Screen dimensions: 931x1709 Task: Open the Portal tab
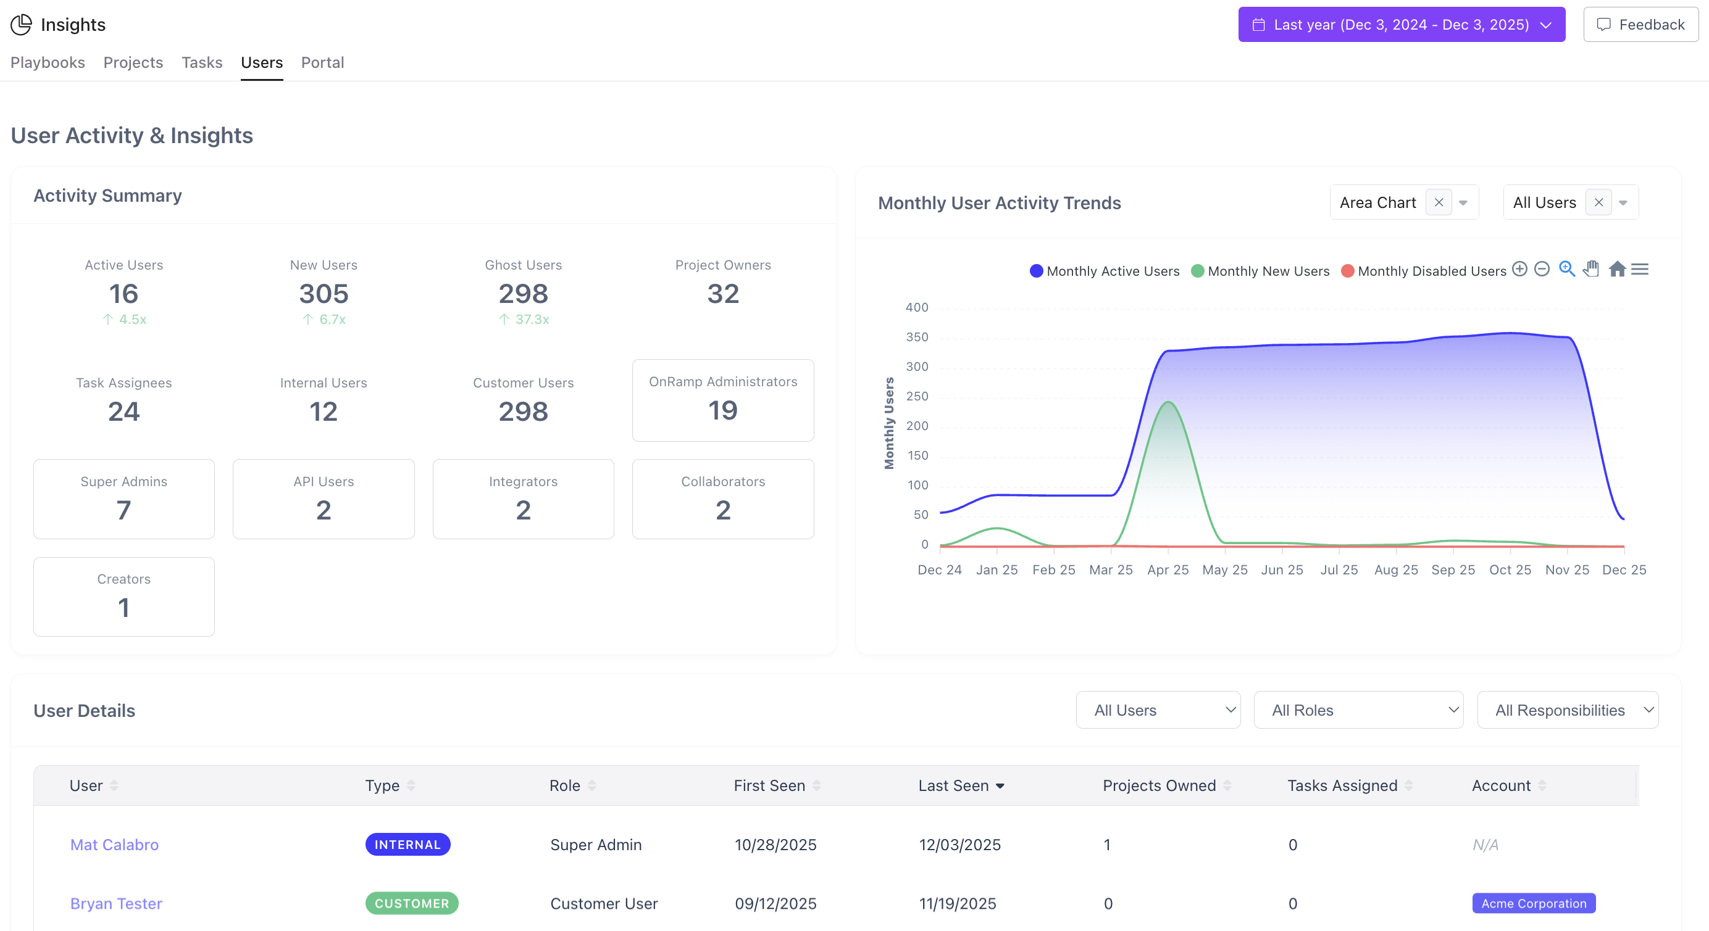click(322, 62)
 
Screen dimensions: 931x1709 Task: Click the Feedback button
click(1640, 25)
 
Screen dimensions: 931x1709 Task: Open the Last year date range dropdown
click(1401, 25)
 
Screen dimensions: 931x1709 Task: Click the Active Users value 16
click(123, 294)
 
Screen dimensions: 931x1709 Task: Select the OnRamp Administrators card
click(722, 400)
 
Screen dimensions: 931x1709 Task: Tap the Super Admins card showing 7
click(124, 499)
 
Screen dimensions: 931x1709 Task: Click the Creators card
click(124, 596)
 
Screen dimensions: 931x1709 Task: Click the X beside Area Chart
click(1439, 202)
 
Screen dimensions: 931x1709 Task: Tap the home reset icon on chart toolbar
click(1617, 269)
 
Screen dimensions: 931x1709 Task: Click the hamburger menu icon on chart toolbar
click(1639, 269)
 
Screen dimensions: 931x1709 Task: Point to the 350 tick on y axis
click(917, 337)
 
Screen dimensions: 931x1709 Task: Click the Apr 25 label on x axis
click(1168, 569)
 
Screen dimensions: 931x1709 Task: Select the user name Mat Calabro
click(114, 844)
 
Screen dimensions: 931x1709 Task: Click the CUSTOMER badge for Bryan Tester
click(411, 903)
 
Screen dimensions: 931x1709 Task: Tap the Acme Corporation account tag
click(1533, 903)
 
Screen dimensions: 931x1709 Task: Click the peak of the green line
click(1168, 402)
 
